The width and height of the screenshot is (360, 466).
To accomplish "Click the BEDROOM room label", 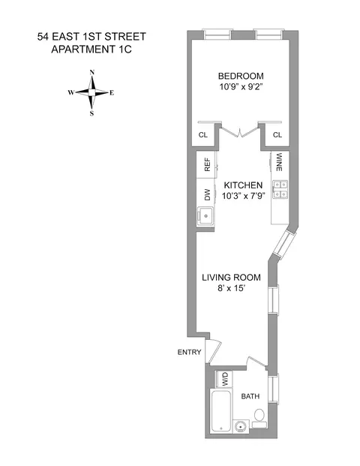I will click(239, 76).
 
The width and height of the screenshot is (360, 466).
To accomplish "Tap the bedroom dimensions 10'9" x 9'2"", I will click(239, 87).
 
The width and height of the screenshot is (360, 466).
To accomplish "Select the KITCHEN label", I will click(241, 185).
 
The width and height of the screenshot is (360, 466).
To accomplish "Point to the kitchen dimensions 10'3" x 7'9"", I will click(241, 196).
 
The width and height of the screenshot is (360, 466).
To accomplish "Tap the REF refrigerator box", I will click(207, 164).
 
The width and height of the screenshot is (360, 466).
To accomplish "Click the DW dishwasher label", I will click(207, 194).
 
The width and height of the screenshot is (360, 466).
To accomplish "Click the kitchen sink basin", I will click(205, 216).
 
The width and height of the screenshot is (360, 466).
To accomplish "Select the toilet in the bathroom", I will click(259, 415).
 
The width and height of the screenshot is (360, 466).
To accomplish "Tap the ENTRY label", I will click(187, 351).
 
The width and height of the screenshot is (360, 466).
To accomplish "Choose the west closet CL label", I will click(202, 135).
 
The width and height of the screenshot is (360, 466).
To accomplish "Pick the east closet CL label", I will click(277, 135).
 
